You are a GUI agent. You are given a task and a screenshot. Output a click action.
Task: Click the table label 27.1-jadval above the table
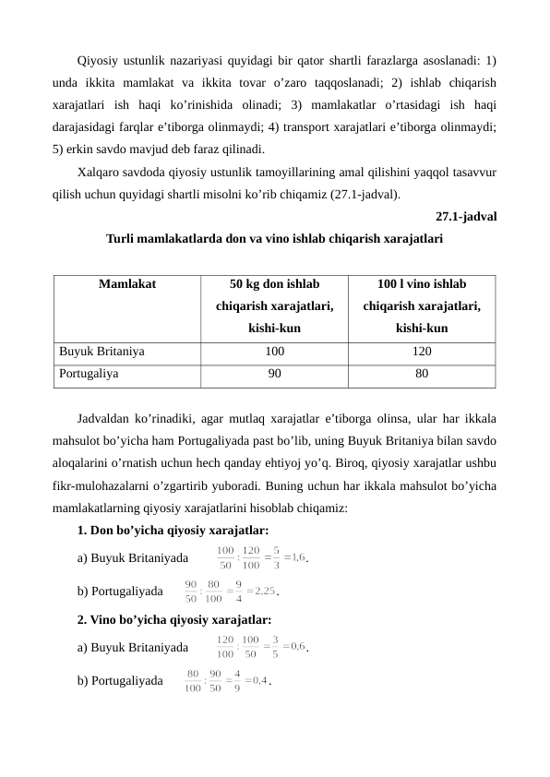click(x=464, y=218)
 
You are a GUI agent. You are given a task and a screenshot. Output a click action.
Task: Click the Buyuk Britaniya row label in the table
click(x=102, y=352)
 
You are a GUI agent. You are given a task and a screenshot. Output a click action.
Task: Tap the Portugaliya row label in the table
click(x=89, y=374)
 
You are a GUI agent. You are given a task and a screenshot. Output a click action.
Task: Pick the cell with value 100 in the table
click(x=274, y=352)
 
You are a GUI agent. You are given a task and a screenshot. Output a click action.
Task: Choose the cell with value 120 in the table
click(x=422, y=352)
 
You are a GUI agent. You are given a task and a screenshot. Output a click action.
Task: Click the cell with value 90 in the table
click(x=274, y=374)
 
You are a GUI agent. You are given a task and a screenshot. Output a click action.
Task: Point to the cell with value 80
click(x=422, y=374)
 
